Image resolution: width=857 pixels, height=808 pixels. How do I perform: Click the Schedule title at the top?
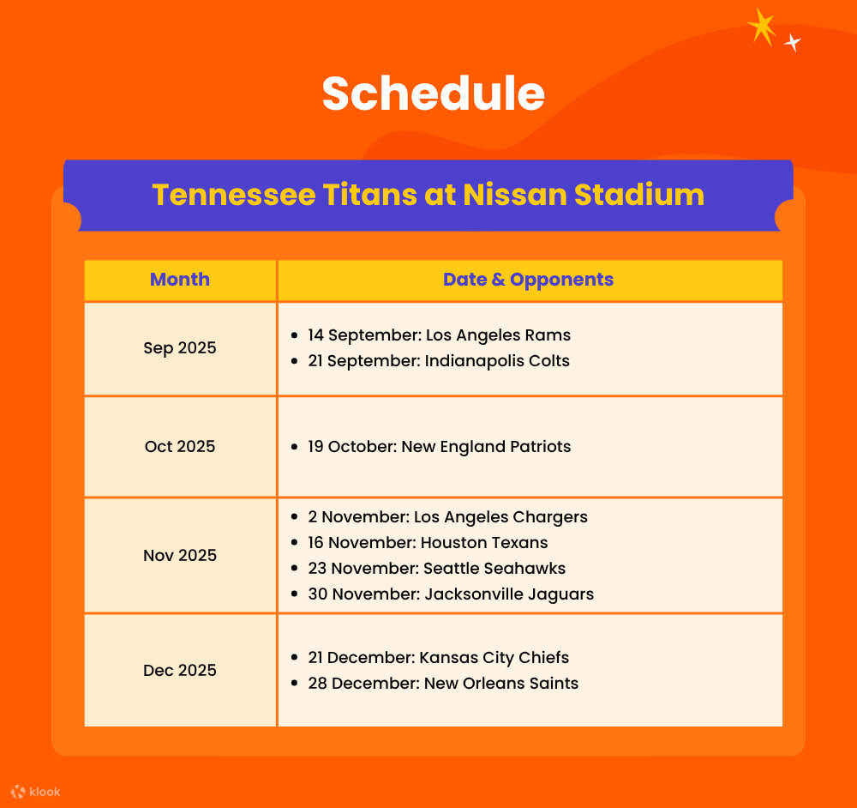[x=433, y=93]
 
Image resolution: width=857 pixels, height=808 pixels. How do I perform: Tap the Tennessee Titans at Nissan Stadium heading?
[x=428, y=195]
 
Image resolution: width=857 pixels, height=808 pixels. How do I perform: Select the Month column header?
[x=180, y=280]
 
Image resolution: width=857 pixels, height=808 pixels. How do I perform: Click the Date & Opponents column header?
[x=528, y=280]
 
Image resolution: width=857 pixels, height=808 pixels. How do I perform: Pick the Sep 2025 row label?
[x=180, y=348]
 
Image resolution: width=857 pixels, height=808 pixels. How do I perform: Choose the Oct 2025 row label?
[x=180, y=447]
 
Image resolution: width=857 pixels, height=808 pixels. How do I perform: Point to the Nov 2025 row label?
[x=180, y=556]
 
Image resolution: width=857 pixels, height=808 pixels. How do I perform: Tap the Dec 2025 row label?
[x=180, y=671]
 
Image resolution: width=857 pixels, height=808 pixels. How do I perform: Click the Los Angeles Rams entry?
[x=439, y=335]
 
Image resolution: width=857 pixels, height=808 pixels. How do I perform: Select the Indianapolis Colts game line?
[x=439, y=361]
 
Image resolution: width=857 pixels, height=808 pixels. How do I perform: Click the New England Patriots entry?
[x=439, y=447]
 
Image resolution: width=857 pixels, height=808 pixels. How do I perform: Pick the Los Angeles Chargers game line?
[x=447, y=517]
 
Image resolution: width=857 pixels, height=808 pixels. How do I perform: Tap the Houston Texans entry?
[x=428, y=543]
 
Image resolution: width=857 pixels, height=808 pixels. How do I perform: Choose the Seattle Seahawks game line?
[x=436, y=569]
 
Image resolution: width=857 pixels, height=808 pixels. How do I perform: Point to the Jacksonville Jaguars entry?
[x=451, y=594]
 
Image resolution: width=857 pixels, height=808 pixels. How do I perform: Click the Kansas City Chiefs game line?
[x=438, y=658]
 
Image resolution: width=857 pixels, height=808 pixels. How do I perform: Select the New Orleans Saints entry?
[x=443, y=684]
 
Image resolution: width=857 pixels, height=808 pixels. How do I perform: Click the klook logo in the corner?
[x=36, y=792]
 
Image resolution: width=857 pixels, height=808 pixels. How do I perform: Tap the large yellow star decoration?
[x=761, y=27]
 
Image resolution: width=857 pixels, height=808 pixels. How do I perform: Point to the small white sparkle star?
[x=793, y=42]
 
